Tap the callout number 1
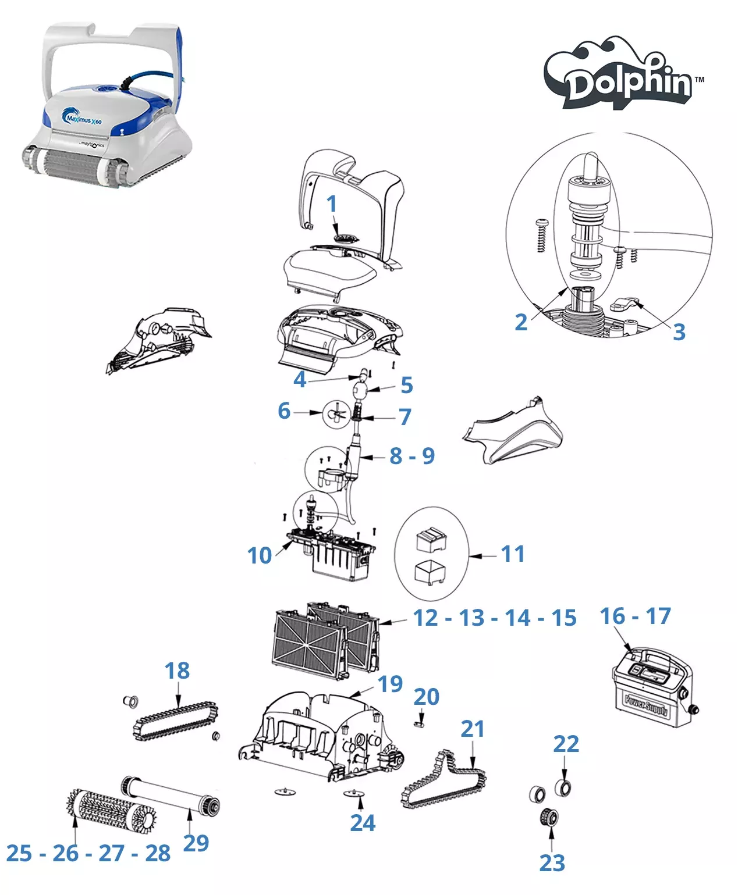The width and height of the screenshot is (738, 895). pos(332,204)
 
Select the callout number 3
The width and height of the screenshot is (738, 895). pos(679,332)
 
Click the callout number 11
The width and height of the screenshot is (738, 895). pos(513,554)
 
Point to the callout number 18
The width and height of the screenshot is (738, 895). pos(177,671)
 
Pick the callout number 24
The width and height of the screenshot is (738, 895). pos(363,823)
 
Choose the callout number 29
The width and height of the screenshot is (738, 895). pos(196,843)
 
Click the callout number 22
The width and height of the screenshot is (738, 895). pos(566,744)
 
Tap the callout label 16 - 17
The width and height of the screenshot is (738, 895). pos(635,616)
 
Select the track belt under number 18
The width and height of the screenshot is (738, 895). pos(176,721)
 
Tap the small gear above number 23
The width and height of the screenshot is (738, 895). pos(549,817)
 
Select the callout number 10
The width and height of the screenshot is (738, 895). pos(260,555)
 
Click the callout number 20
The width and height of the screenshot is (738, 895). pos(426,697)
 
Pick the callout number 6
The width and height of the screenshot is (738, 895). pos(284,411)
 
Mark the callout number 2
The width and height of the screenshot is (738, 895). pos(521,322)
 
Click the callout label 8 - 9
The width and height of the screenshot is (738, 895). pos(412,456)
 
